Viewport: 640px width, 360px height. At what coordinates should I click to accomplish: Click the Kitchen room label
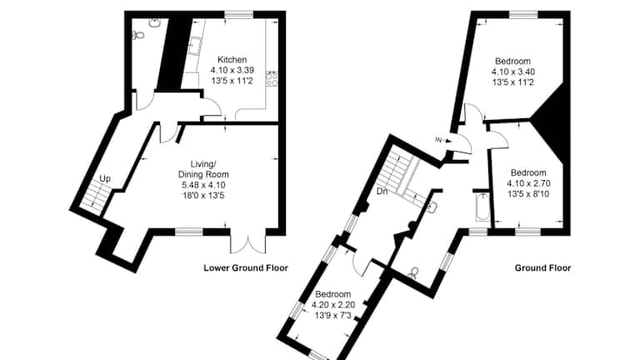[232, 60]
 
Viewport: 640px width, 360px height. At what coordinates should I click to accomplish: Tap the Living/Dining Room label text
[203, 169]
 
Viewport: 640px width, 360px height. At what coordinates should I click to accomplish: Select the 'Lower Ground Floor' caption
[246, 268]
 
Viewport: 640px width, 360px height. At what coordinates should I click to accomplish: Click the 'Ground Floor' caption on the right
[542, 268]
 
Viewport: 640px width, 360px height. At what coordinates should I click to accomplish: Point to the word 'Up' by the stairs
[105, 179]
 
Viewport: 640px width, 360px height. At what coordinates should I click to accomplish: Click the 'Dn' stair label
[382, 191]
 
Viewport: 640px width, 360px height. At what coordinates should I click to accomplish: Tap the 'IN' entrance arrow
[443, 140]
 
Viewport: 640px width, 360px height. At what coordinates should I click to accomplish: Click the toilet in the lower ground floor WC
[139, 36]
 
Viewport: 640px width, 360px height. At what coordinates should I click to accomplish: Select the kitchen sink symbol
[195, 45]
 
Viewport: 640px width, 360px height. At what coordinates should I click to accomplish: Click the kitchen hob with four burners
[272, 78]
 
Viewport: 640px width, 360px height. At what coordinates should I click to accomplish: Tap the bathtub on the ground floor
[482, 207]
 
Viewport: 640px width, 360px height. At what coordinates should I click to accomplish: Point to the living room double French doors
[248, 244]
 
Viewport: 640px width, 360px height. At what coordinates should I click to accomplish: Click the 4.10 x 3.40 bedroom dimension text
[513, 72]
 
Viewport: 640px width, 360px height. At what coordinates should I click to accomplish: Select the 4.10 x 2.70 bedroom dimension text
[528, 183]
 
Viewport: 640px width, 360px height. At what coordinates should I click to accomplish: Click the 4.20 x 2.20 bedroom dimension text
[333, 304]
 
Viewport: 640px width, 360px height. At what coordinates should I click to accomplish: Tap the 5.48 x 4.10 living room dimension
[203, 185]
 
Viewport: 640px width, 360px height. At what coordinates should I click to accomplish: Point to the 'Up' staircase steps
[96, 196]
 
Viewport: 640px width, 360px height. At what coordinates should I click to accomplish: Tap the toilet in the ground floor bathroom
[415, 272]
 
